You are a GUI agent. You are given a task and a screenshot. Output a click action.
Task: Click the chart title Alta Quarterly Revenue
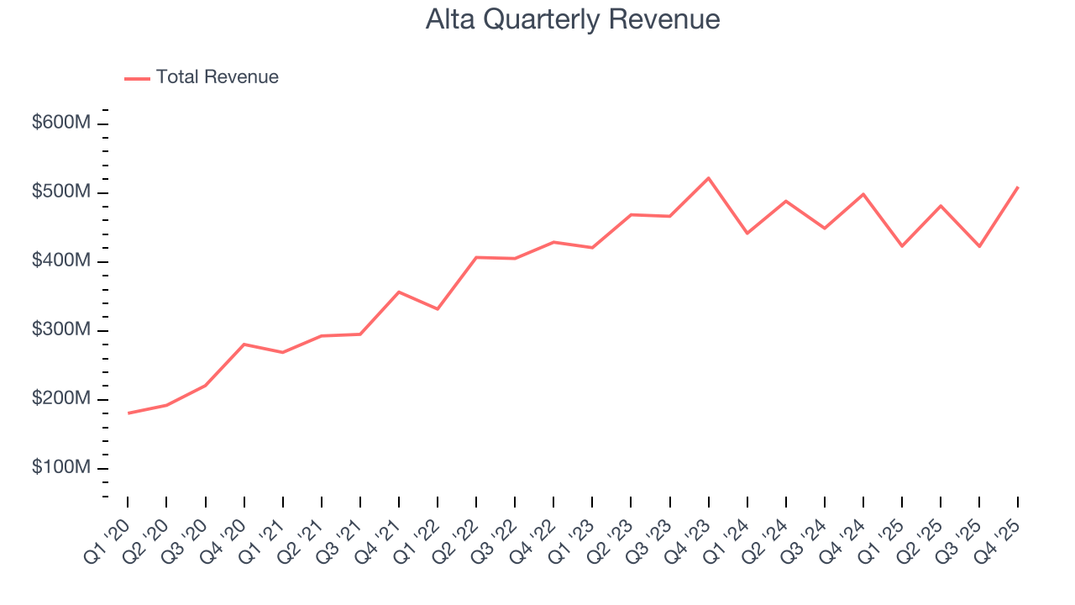[x=573, y=19]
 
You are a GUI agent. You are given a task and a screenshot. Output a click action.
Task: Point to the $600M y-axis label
[x=61, y=124]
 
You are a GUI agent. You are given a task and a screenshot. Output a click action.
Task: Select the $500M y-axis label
[x=61, y=192]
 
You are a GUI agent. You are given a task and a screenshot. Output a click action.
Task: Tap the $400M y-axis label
[x=61, y=261]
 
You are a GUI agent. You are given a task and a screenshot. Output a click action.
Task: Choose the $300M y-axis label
[x=61, y=330]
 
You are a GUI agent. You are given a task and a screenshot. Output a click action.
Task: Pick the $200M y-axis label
[x=61, y=399]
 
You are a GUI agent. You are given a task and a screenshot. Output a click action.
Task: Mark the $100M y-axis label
[x=61, y=468]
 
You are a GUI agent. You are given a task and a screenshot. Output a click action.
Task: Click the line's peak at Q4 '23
[x=708, y=178]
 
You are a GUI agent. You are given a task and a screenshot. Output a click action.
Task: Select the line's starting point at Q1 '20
[x=128, y=413]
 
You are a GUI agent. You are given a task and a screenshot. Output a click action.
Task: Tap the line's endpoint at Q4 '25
[x=1018, y=187]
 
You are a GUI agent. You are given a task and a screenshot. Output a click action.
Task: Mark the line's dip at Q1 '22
[x=438, y=309]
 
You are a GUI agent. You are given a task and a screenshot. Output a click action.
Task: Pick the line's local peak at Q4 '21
[x=399, y=292]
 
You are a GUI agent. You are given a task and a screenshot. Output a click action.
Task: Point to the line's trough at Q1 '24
[x=747, y=234]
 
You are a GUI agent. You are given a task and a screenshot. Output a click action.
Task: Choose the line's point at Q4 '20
[x=244, y=345]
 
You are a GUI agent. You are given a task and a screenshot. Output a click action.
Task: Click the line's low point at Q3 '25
[x=979, y=246]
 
